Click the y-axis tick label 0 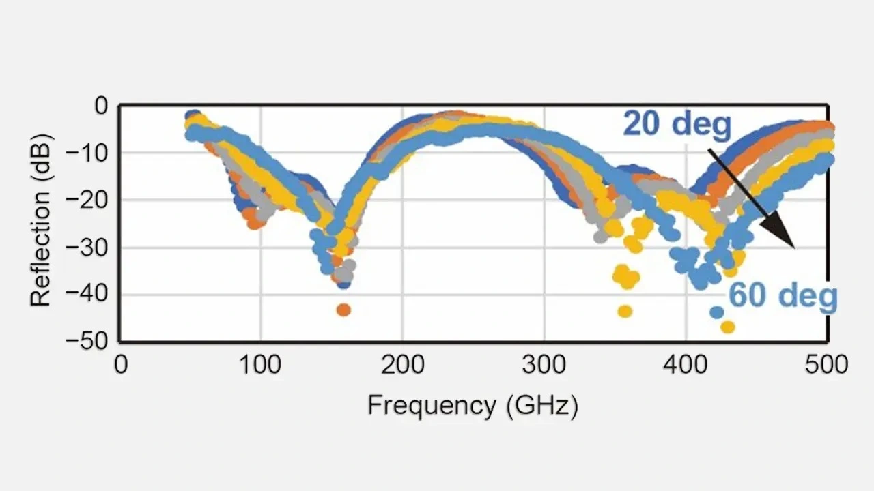tap(102, 106)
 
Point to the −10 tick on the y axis tap(87, 153)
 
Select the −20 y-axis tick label tap(87, 200)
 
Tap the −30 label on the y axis tap(87, 248)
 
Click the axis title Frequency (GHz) tap(473, 406)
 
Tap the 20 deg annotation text tap(677, 125)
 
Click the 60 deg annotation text tap(783, 297)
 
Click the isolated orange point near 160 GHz tap(343, 310)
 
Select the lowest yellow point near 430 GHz tap(728, 327)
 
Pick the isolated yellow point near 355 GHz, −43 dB tap(625, 312)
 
